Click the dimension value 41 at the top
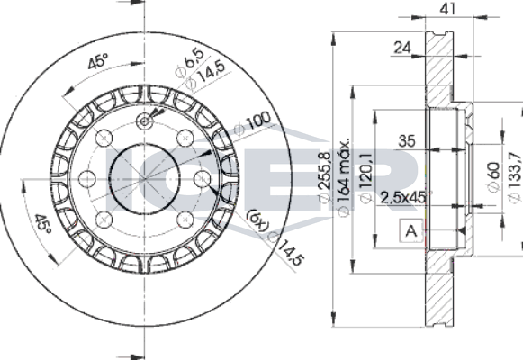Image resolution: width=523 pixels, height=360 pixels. pyautogui.click(x=447, y=9)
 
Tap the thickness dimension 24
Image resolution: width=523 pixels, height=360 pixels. pyautogui.click(x=402, y=48)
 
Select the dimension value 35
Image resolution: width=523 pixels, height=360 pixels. pyautogui.click(x=407, y=141)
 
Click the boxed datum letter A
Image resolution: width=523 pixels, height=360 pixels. pyautogui.click(x=411, y=230)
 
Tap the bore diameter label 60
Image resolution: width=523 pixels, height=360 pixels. pyautogui.click(x=494, y=176)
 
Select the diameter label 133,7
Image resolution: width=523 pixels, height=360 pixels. pyautogui.click(x=515, y=176)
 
